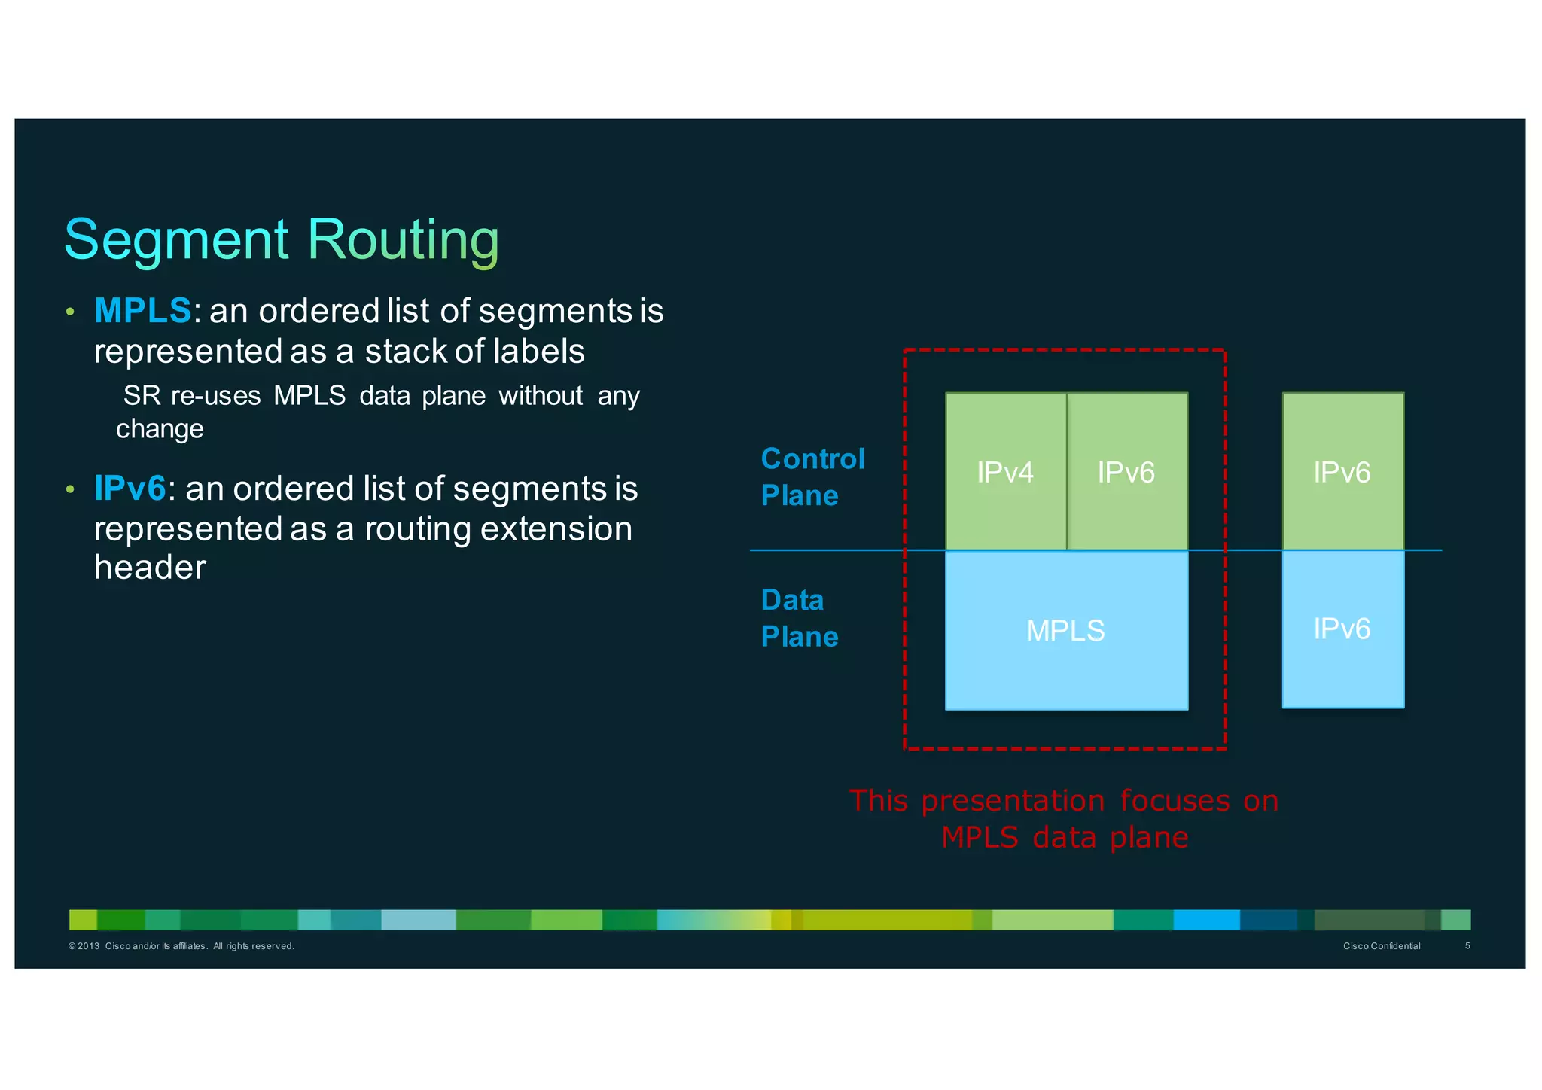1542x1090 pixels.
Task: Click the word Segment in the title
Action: coord(176,239)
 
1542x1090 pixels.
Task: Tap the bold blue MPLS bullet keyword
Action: coord(142,311)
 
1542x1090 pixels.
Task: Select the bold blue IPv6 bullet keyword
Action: coord(130,489)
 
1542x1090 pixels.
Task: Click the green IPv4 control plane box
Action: coord(1005,472)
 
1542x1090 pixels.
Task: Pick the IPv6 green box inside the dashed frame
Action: coord(1126,472)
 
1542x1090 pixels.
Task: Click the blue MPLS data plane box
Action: coord(1065,631)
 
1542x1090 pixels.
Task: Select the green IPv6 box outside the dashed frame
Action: coord(1342,472)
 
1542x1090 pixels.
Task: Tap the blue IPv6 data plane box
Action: coord(1342,629)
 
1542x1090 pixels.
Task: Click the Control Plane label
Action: coord(812,477)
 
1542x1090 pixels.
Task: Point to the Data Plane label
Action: coord(798,618)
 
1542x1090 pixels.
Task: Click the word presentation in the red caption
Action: coord(1013,801)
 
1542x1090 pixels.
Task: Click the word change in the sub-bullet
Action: coord(160,429)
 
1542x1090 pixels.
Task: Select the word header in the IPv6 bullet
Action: coord(150,568)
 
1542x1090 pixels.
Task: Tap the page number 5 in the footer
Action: coord(1467,946)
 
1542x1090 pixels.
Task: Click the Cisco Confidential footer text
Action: coord(1381,946)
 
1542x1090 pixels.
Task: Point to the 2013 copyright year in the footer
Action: coord(88,946)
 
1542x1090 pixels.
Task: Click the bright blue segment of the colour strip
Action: coord(1205,920)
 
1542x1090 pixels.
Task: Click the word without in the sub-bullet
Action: coord(541,396)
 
